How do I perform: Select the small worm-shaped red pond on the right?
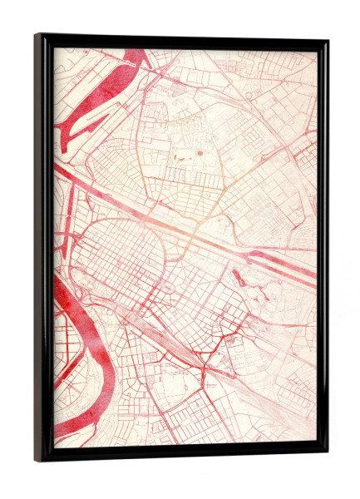[x=240, y=279]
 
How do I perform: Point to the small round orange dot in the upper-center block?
[x=200, y=156]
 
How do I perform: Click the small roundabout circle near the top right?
[x=249, y=96]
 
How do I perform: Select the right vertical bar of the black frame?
[x=323, y=249]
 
